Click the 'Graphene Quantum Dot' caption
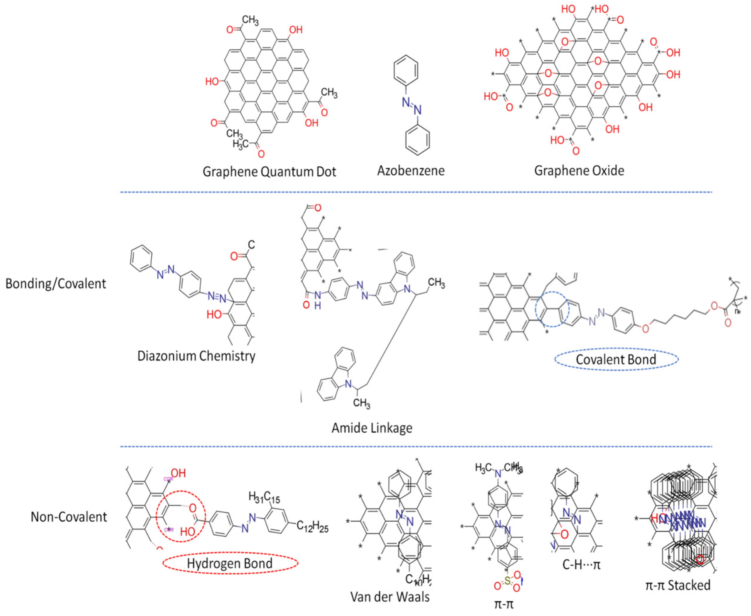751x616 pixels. click(x=269, y=172)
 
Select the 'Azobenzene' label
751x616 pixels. click(x=411, y=171)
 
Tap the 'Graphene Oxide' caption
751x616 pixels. click(x=579, y=171)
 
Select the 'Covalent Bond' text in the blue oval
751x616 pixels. click(x=616, y=359)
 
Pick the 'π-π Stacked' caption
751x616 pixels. click(x=677, y=585)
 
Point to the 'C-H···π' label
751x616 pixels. click(x=581, y=565)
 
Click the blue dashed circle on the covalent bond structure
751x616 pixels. click(x=552, y=309)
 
